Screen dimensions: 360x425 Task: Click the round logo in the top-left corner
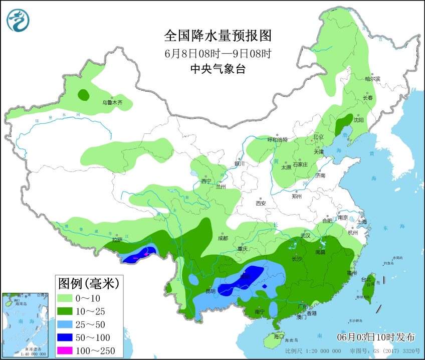18,21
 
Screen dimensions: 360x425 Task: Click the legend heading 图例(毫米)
88,284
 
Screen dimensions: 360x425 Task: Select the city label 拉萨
117,240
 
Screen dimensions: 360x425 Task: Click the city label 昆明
210,291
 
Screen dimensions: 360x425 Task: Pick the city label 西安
260,203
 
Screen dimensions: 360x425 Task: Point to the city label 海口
279,336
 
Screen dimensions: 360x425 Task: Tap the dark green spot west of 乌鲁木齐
83,94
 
